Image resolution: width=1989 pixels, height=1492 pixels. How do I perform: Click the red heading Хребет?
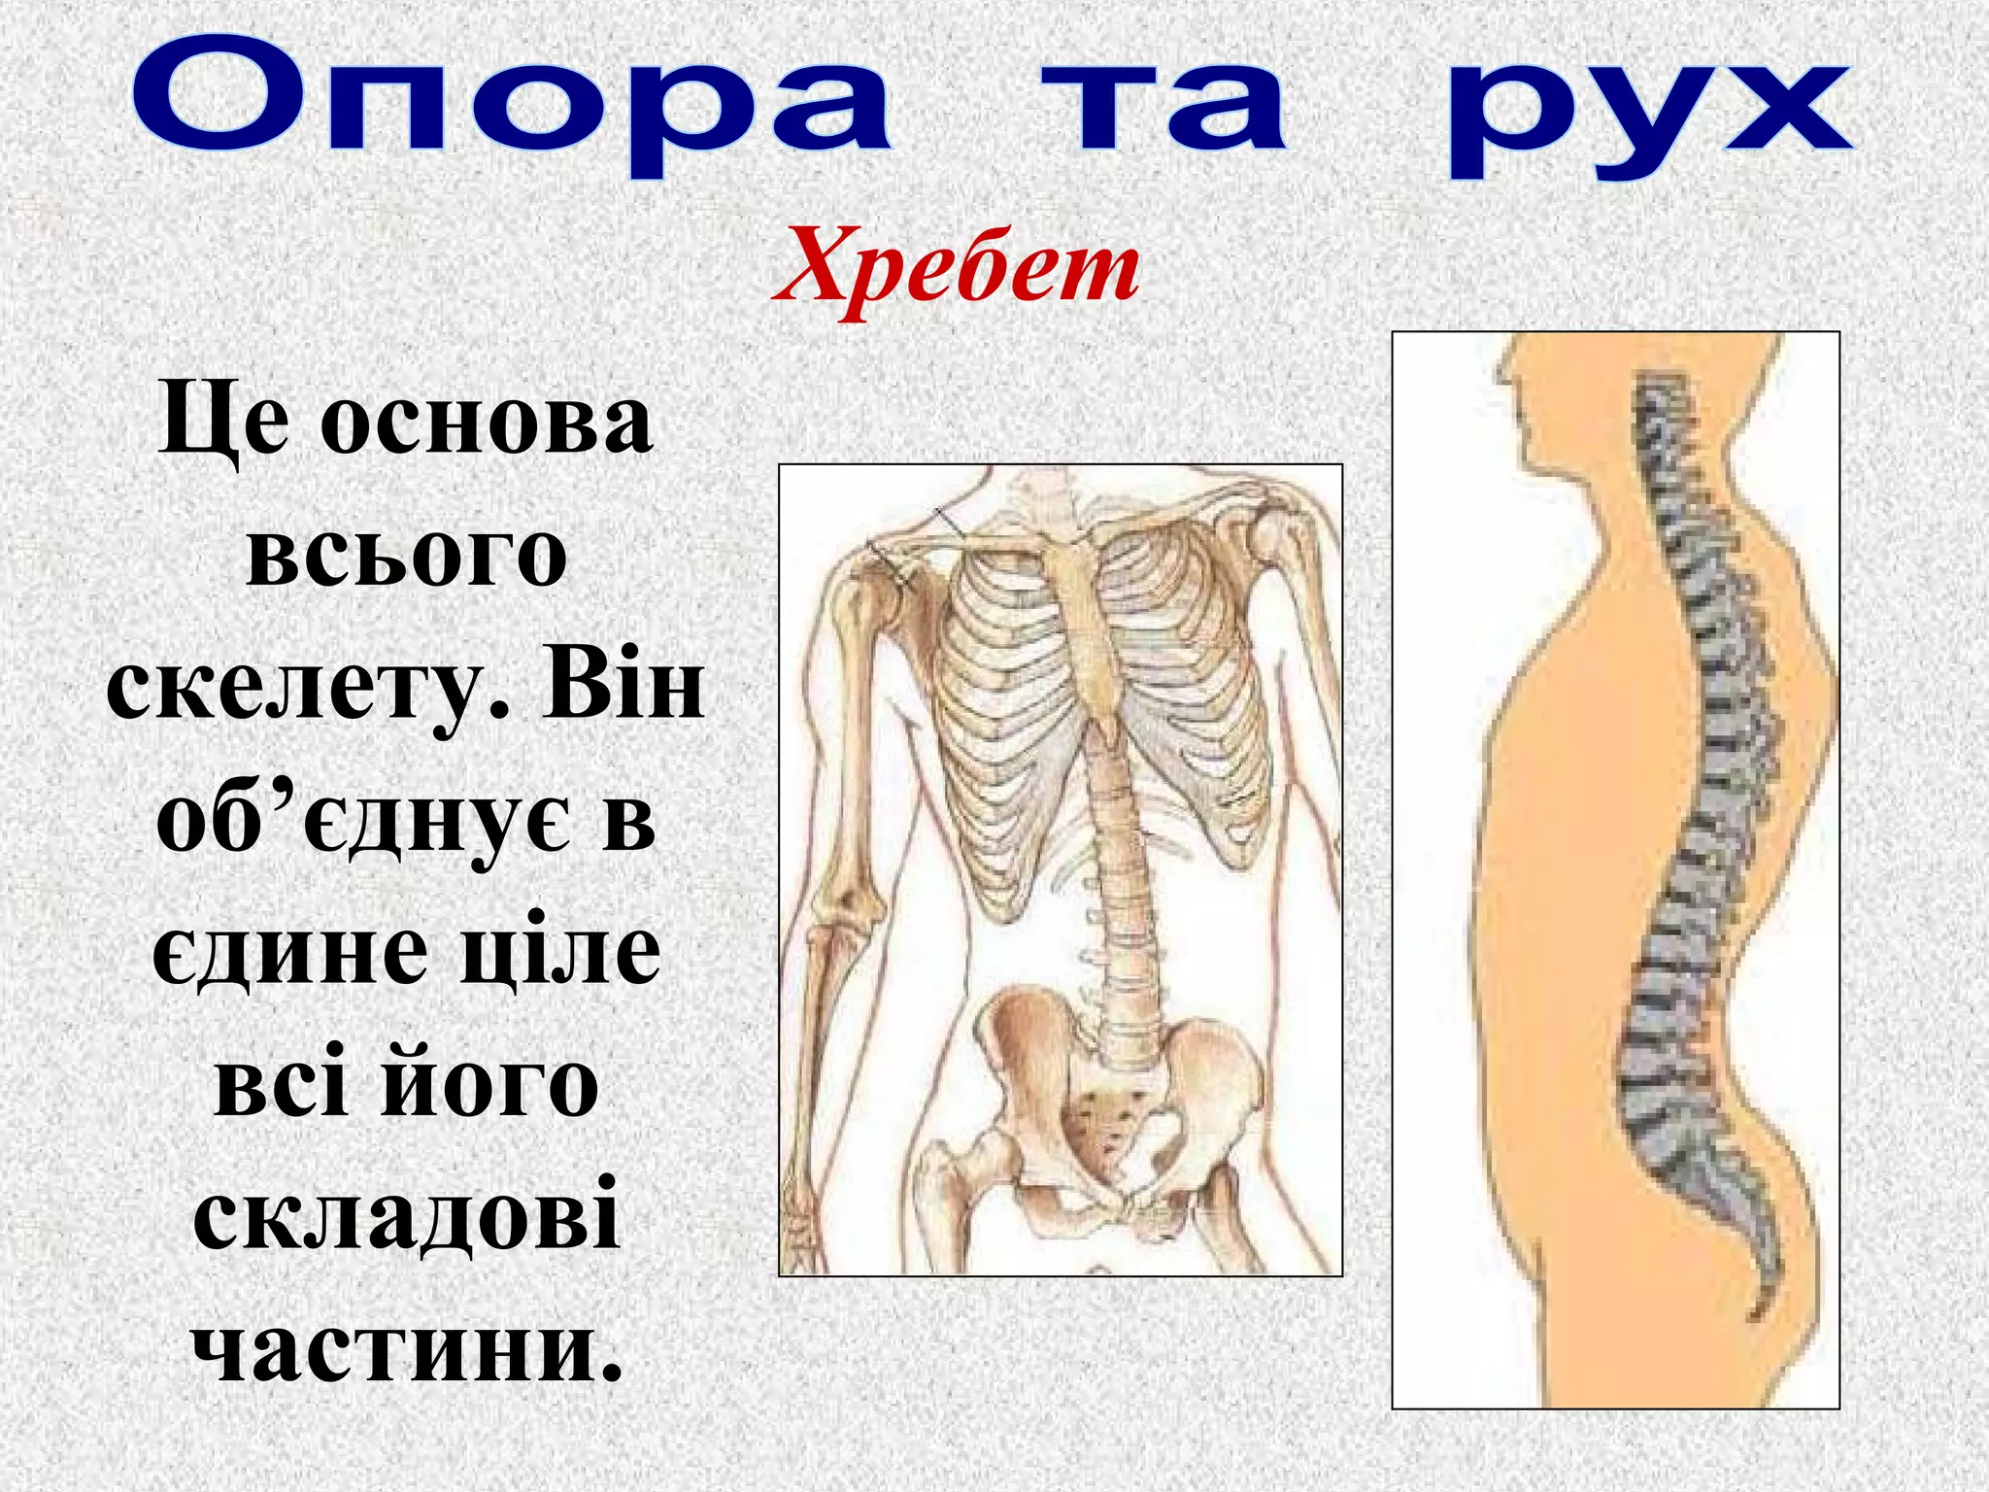956,267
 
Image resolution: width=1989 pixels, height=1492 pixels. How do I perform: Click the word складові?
407,1214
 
